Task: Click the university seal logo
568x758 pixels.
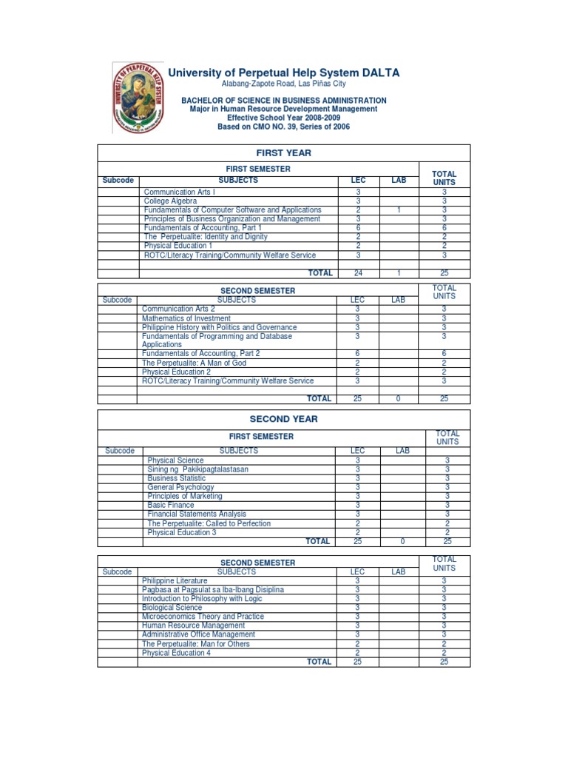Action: [138, 97]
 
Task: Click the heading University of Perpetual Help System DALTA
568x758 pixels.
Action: [284, 73]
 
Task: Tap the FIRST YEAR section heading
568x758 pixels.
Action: [283, 153]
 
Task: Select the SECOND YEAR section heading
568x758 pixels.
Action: [283, 419]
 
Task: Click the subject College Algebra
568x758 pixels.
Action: [170, 201]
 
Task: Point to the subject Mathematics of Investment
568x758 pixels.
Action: [183, 318]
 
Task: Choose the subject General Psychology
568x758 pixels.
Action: [180, 487]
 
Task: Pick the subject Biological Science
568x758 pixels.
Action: [172, 608]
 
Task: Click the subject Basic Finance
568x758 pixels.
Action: [171, 505]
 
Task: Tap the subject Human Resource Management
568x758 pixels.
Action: [193, 625]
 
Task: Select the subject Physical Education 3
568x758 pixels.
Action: [182, 532]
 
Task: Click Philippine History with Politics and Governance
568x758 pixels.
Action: [219, 327]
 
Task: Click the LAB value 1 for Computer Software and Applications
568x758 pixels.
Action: [399, 210]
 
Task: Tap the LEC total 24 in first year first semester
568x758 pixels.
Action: [358, 273]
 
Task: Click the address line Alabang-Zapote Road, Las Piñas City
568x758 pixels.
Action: [283, 84]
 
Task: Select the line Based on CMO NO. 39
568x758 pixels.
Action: [283, 127]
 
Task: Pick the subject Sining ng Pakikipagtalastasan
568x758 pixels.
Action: [198, 469]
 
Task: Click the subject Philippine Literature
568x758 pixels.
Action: [175, 581]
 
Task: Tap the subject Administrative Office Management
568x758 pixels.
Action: [198, 634]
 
